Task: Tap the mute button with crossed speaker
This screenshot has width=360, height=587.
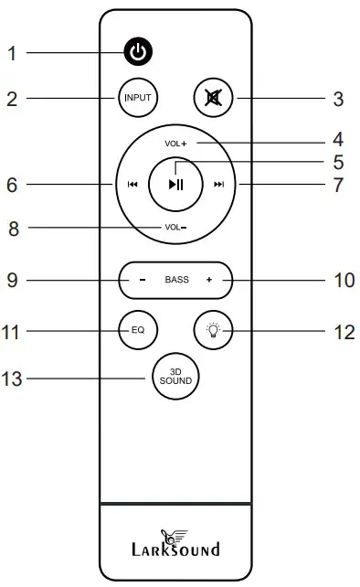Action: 215,98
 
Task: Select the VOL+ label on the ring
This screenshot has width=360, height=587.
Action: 175,144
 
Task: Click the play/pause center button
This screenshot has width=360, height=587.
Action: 175,184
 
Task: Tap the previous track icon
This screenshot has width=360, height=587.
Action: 132,185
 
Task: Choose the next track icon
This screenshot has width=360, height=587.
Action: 218,185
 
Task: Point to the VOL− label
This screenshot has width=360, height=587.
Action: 175,226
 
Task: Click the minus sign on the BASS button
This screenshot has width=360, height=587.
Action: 143,280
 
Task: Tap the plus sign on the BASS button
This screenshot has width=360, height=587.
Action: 209,280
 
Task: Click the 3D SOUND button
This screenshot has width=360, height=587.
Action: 176,377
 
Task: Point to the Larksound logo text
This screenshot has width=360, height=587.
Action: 176,550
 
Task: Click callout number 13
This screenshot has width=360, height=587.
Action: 12,378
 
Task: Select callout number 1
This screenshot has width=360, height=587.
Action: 12,54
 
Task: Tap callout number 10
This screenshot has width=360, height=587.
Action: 344,280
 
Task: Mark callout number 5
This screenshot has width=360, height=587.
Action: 337,163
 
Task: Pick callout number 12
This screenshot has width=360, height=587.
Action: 344,330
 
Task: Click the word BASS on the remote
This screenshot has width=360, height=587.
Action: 176,280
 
